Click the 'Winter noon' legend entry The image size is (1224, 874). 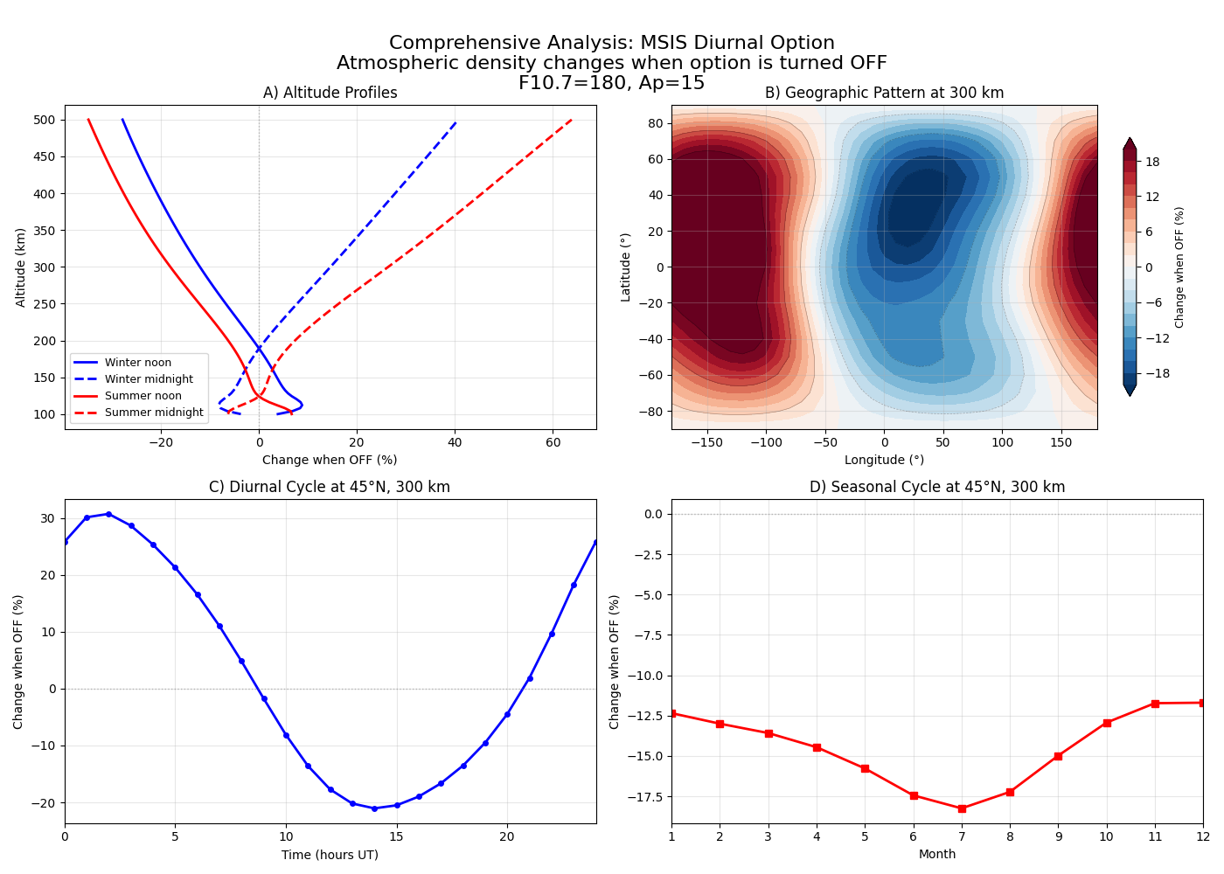coord(137,363)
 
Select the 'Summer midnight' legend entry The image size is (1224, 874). coord(153,413)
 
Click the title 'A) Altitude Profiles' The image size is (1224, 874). coord(330,93)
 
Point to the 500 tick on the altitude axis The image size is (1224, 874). coord(45,120)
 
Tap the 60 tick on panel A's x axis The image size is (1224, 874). coord(552,442)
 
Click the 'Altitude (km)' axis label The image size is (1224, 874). coord(21,267)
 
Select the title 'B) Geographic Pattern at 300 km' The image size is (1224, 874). coord(884,93)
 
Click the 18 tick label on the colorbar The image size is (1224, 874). coord(1152,162)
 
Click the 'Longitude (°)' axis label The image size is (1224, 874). coord(884,460)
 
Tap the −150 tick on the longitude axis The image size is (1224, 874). coord(706,442)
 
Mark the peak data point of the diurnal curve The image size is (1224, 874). coord(108,514)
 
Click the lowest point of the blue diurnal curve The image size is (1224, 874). coord(374,808)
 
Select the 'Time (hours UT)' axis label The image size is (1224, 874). coord(330,855)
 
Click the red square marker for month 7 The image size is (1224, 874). coord(962,808)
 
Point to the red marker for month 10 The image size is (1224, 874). coord(1107,723)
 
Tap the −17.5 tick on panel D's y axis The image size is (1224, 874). coord(644,796)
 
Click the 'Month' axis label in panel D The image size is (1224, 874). coord(937,854)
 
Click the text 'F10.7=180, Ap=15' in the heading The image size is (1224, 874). coord(611,83)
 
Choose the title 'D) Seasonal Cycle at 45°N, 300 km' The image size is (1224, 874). coord(937,487)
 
